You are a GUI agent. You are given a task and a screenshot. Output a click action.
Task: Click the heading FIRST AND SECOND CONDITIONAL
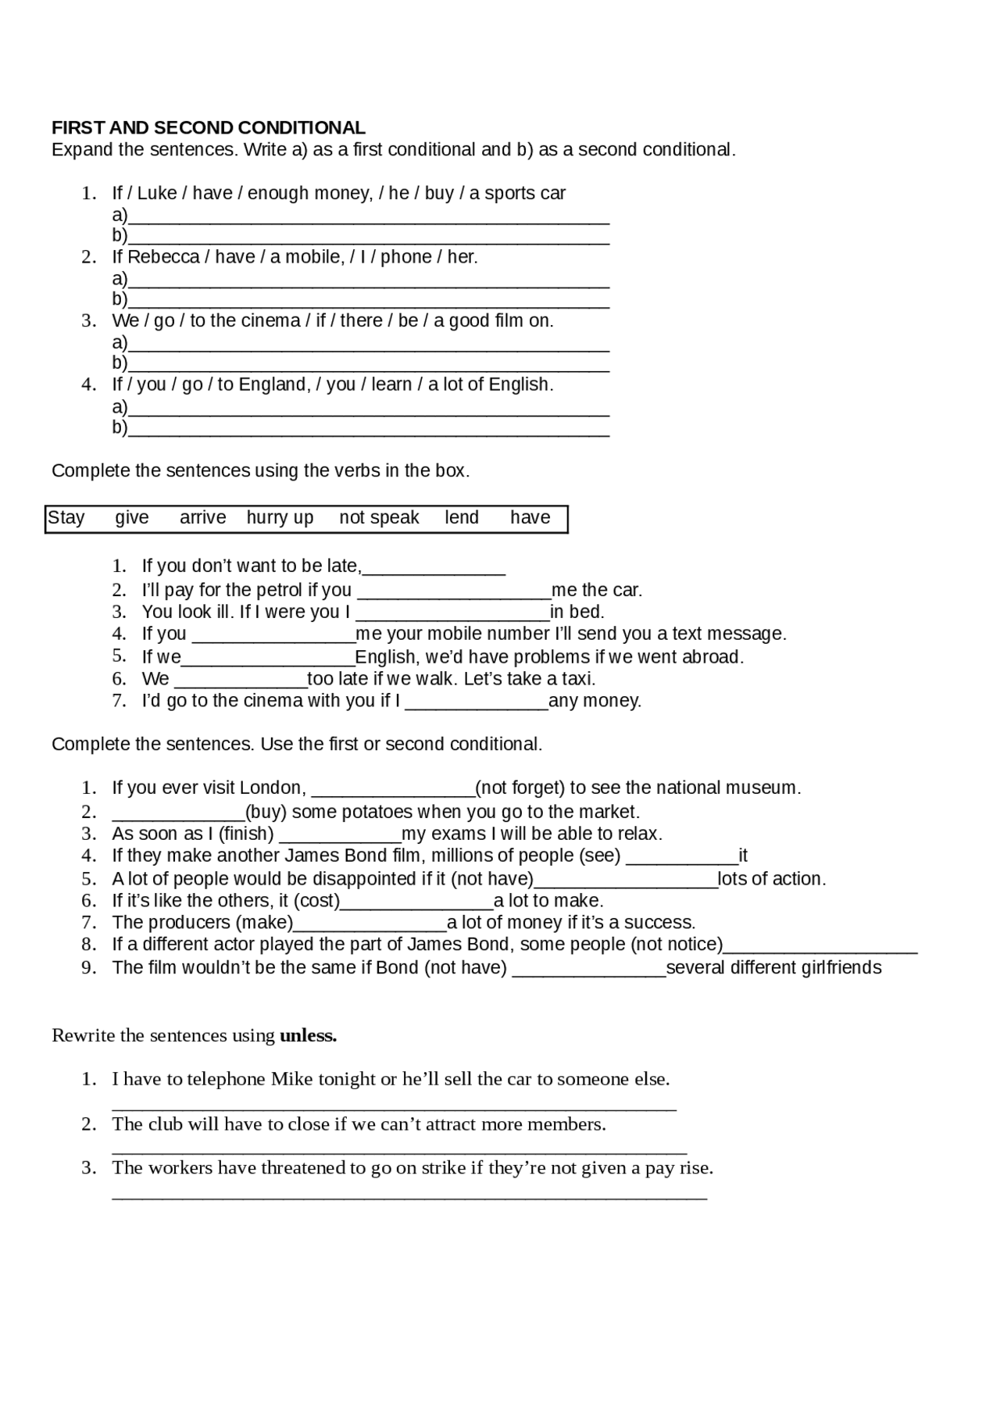point(208,128)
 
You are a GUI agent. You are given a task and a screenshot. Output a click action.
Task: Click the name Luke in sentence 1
point(157,193)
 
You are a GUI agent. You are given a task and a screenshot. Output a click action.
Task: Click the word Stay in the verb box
point(66,518)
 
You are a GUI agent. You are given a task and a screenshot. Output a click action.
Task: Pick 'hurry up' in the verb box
point(280,518)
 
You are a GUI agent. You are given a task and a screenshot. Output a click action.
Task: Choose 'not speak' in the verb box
point(379,518)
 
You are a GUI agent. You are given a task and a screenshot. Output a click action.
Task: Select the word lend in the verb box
point(462,518)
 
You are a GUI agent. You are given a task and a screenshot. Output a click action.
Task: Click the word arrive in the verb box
point(202,518)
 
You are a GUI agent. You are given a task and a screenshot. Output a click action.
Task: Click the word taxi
point(577,679)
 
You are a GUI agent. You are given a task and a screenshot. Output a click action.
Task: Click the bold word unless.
point(308,1036)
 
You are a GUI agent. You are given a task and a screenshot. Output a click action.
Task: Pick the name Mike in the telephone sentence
point(291,1080)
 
